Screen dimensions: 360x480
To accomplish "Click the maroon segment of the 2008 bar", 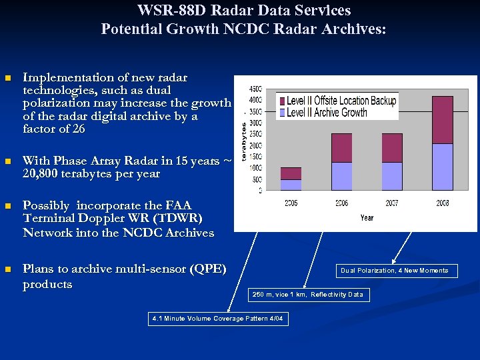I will point(442,120).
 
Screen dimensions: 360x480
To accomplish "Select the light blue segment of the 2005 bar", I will point(291,185).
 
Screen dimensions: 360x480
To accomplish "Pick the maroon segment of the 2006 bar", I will point(341,147).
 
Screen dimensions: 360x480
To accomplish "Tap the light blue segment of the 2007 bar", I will point(392,176).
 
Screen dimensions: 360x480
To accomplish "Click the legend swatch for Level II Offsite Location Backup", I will point(281,101).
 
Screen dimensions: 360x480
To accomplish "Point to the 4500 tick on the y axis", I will point(255,89).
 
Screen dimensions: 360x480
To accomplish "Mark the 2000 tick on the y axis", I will point(255,145).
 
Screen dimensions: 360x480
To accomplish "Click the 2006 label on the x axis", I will point(341,203).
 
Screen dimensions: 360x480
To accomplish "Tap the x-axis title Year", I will point(367,218).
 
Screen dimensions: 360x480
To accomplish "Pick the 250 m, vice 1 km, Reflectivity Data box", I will point(308,295).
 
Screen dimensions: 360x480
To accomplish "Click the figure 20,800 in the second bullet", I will point(42,174).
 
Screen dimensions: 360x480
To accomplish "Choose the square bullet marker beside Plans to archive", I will point(8,270).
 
